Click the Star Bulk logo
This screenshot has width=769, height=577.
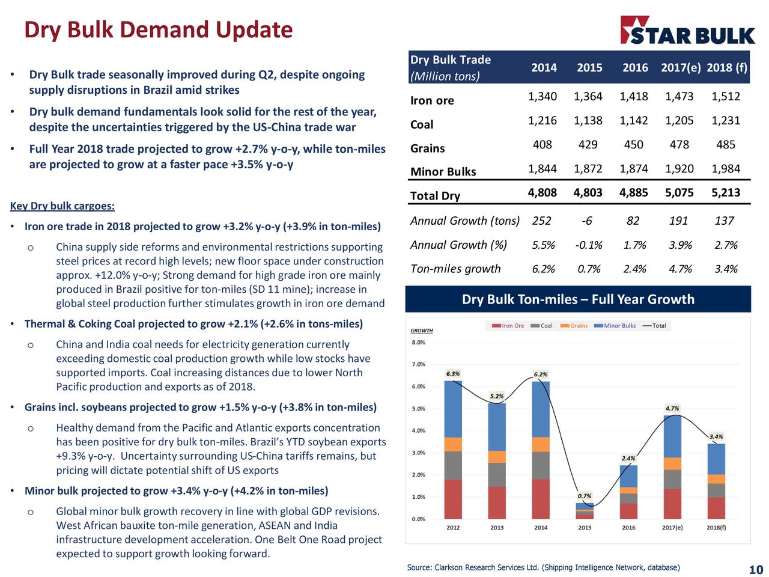(x=687, y=31)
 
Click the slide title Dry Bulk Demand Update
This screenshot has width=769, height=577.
(x=158, y=29)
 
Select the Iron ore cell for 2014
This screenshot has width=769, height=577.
(x=542, y=97)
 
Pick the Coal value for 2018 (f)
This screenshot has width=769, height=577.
(x=725, y=121)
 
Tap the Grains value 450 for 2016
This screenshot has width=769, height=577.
(x=633, y=145)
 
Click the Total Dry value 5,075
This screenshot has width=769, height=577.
(x=679, y=193)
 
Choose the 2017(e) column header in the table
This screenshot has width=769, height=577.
(x=680, y=67)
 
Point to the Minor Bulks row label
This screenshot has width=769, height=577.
(x=443, y=172)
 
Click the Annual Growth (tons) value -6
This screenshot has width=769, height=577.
(x=586, y=221)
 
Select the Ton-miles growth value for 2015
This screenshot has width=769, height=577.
(x=588, y=269)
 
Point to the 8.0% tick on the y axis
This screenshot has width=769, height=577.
(x=418, y=343)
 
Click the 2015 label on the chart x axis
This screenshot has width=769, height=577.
(x=585, y=528)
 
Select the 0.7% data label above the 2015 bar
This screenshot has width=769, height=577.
(x=584, y=496)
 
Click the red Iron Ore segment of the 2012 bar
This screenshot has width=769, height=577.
(x=453, y=499)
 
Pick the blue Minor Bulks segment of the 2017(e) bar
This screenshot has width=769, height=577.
(x=672, y=436)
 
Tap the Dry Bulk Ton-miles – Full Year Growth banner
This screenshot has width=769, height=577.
(x=578, y=299)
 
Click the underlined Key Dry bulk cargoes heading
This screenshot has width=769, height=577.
(x=62, y=206)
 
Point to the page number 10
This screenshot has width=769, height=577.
(x=755, y=570)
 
